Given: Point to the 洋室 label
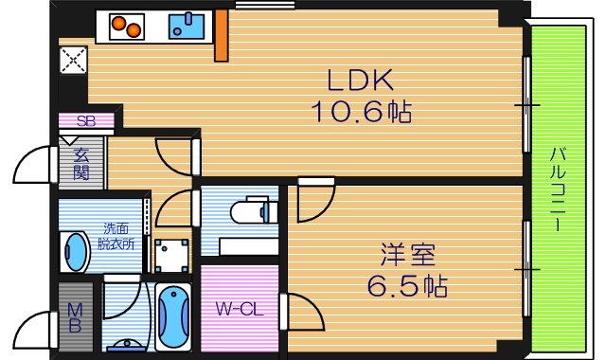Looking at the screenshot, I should pos(408,255).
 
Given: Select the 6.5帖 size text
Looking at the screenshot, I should pos(409,284).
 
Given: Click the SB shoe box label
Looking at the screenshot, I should pos(86,120).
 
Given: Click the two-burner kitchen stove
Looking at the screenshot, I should pos(127,27).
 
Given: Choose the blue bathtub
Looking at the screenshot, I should pos(172,314).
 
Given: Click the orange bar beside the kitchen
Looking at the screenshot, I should pos(221,36).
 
